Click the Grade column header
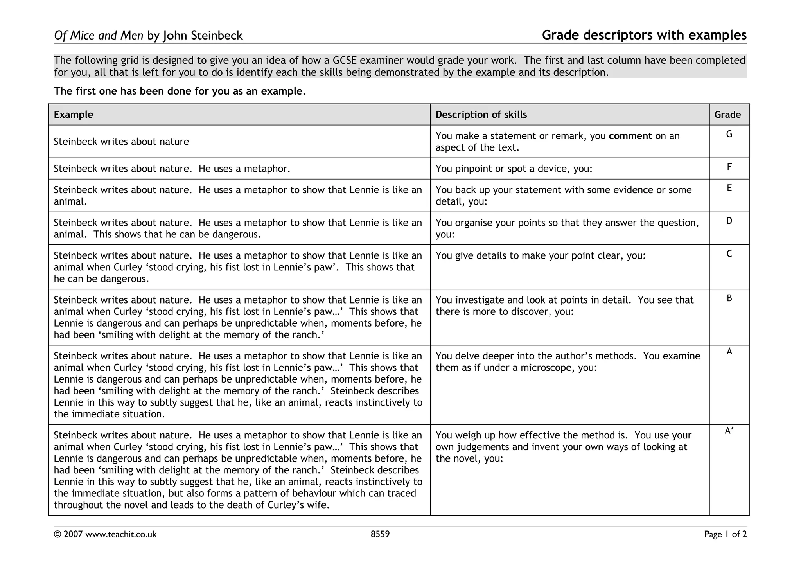(x=727, y=115)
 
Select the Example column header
(x=74, y=115)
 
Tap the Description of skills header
(x=481, y=115)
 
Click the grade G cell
(x=729, y=135)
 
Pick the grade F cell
(x=729, y=167)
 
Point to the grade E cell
(x=729, y=188)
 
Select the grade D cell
(x=729, y=221)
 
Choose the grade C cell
(x=729, y=254)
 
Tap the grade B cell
(x=729, y=298)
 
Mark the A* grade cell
(x=729, y=431)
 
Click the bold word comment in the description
(x=630, y=136)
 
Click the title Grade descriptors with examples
(x=644, y=35)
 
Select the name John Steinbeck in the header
(x=203, y=36)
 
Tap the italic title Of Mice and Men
(x=99, y=36)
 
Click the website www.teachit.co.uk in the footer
(x=121, y=534)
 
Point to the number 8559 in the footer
(x=380, y=534)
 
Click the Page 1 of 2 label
(x=725, y=534)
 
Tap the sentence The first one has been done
(x=180, y=92)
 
